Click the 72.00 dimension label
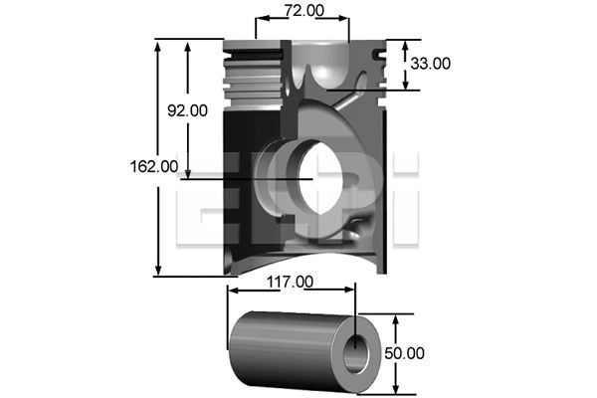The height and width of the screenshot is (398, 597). pyautogui.click(x=302, y=11)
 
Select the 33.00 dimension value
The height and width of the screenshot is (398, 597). pyautogui.click(x=430, y=64)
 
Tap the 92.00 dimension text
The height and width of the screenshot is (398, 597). pyautogui.click(x=186, y=111)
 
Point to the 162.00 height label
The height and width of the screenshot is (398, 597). pyautogui.click(x=154, y=167)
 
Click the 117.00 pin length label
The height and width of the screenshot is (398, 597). pyautogui.click(x=290, y=283)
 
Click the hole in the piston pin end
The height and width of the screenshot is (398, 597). pyautogui.click(x=357, y=352)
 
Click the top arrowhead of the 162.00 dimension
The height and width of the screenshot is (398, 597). pyautogui.click(x=158, y=46)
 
